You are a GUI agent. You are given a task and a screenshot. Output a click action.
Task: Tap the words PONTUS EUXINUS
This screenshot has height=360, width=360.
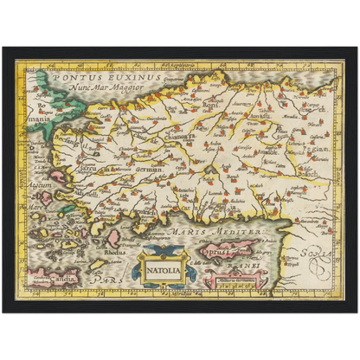pos(89,76)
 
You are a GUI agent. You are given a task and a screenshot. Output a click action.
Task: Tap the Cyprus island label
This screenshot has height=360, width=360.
pos(217,247)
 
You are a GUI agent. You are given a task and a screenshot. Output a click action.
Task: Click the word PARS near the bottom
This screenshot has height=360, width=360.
pos(101,281)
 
